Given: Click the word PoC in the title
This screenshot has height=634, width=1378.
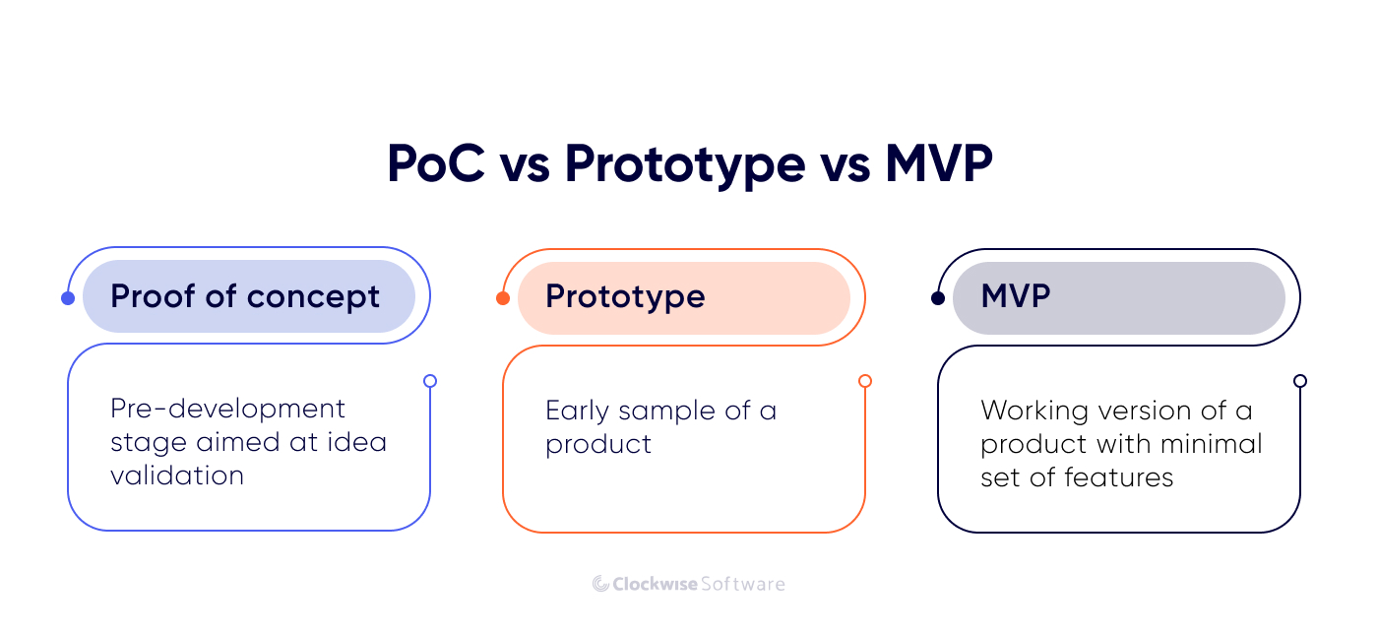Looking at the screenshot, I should click(435, 163).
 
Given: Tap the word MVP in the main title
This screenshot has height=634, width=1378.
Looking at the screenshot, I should click(938, 163).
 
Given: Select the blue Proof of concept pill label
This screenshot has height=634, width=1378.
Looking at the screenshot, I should click(248, 296).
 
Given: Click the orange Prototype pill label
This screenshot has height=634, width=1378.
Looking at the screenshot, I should click(683, 297).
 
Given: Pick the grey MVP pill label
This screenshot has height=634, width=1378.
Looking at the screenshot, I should click(1118, 297).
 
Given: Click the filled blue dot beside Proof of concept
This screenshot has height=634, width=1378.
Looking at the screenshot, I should click(68, 298).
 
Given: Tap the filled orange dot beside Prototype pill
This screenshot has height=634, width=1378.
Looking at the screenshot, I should click(503, 298).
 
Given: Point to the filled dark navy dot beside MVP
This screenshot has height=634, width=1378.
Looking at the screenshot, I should click(938, 298).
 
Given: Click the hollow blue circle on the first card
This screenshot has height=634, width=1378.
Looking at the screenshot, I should click(430, 381).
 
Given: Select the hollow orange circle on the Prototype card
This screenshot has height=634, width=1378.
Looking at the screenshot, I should click(865, 381).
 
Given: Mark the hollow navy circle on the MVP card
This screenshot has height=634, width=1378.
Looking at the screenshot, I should click(1300, 381).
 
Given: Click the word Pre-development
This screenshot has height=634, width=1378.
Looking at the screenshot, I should click(227, 409).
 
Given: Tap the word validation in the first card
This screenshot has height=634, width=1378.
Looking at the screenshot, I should click(177, 475).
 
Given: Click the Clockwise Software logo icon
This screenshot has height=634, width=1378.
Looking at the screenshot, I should click(600, 584).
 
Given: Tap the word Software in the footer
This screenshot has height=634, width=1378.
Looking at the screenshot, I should click(742, 584).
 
